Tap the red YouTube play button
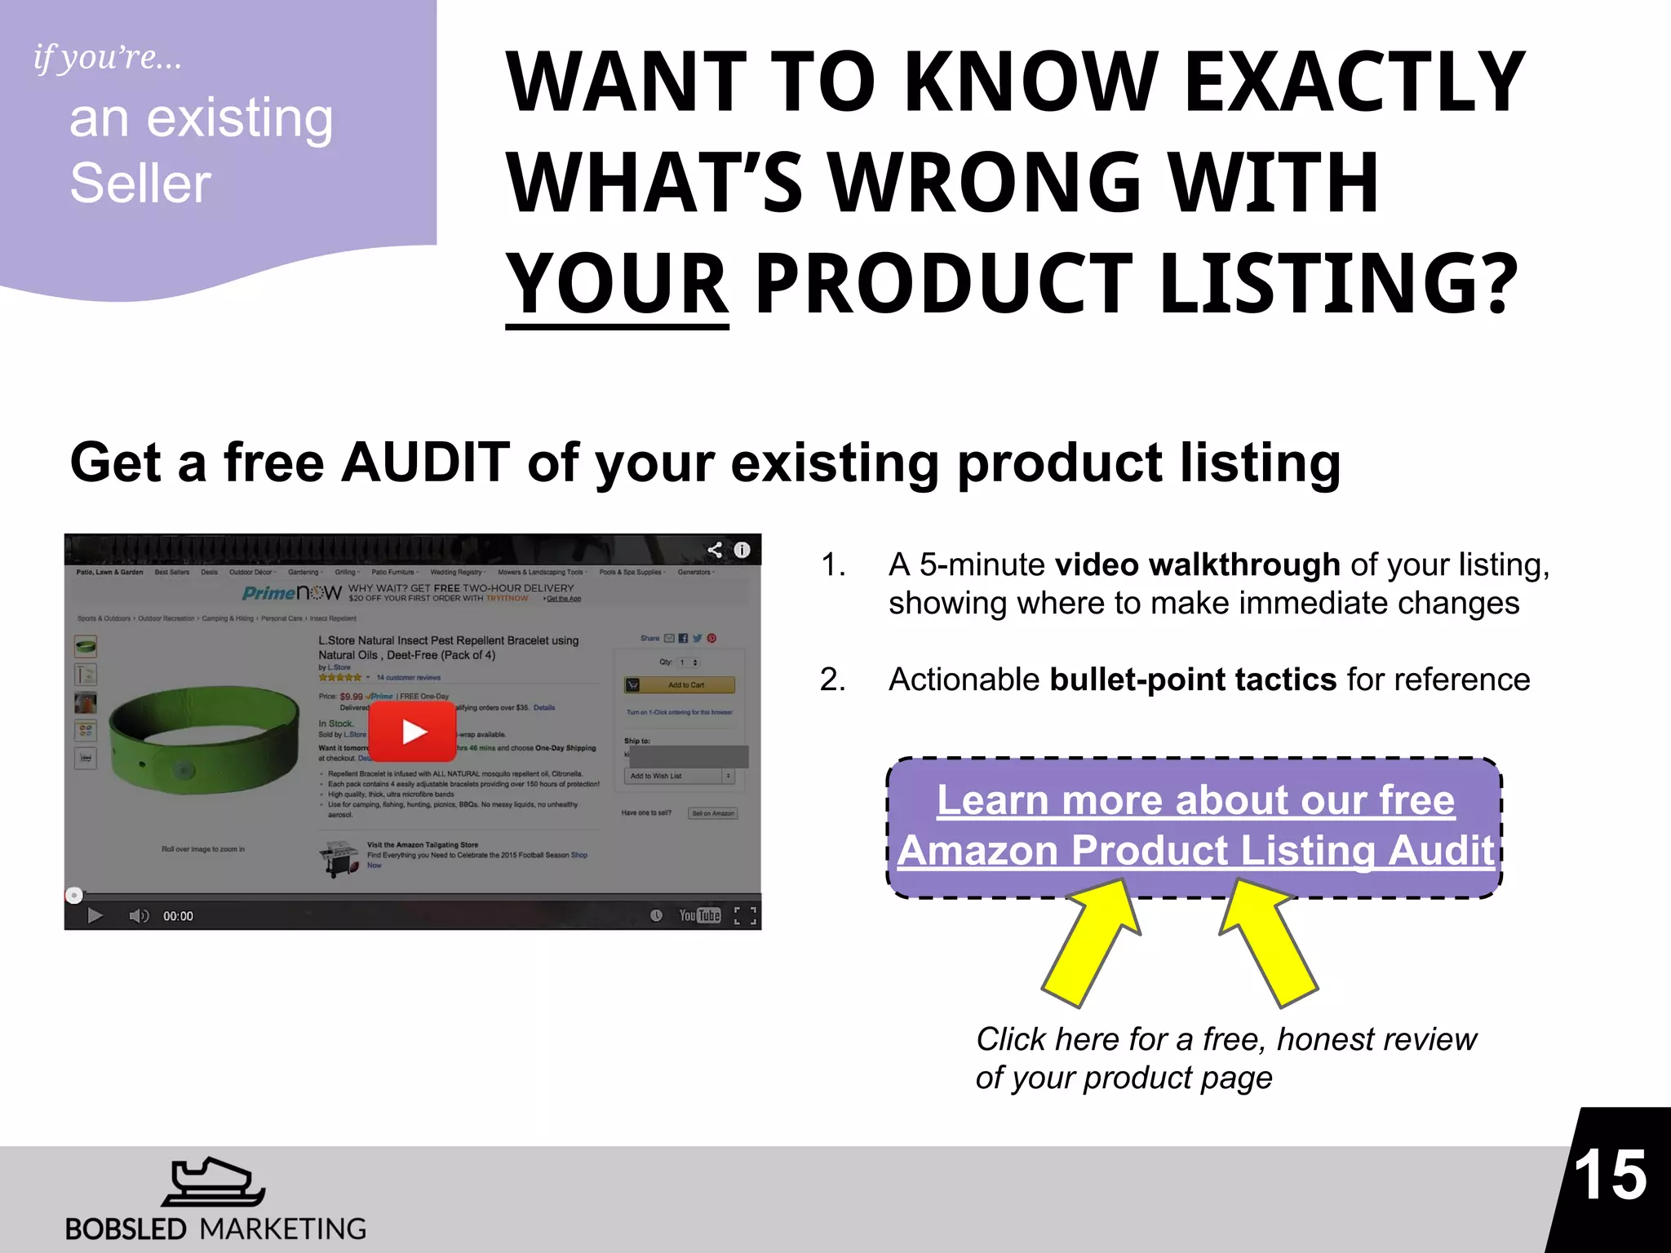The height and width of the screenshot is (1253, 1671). [413, 732]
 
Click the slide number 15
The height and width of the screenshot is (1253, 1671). [1610, 1176]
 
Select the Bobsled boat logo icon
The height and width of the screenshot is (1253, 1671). [213, 1182]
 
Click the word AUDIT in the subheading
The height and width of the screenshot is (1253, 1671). [425, 463]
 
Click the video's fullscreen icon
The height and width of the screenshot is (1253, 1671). [744, 915]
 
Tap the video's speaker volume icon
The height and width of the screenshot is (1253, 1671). [139, 916]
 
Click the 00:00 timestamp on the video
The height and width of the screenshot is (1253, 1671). [178, 916]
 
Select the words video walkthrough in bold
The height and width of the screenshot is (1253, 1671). [1197, 565]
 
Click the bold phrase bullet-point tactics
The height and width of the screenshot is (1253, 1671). [1193, 680]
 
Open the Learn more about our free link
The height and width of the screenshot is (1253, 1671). [1195, 800]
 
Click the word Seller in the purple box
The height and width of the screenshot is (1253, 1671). [140, 183]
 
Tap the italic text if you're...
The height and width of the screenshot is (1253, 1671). [107, 57]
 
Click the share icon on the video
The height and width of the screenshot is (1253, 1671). [715, 550]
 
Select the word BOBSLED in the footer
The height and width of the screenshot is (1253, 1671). [126, 1229]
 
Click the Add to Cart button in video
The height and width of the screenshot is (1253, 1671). [680, 685]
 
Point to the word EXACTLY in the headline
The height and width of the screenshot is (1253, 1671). [1354, 82]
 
